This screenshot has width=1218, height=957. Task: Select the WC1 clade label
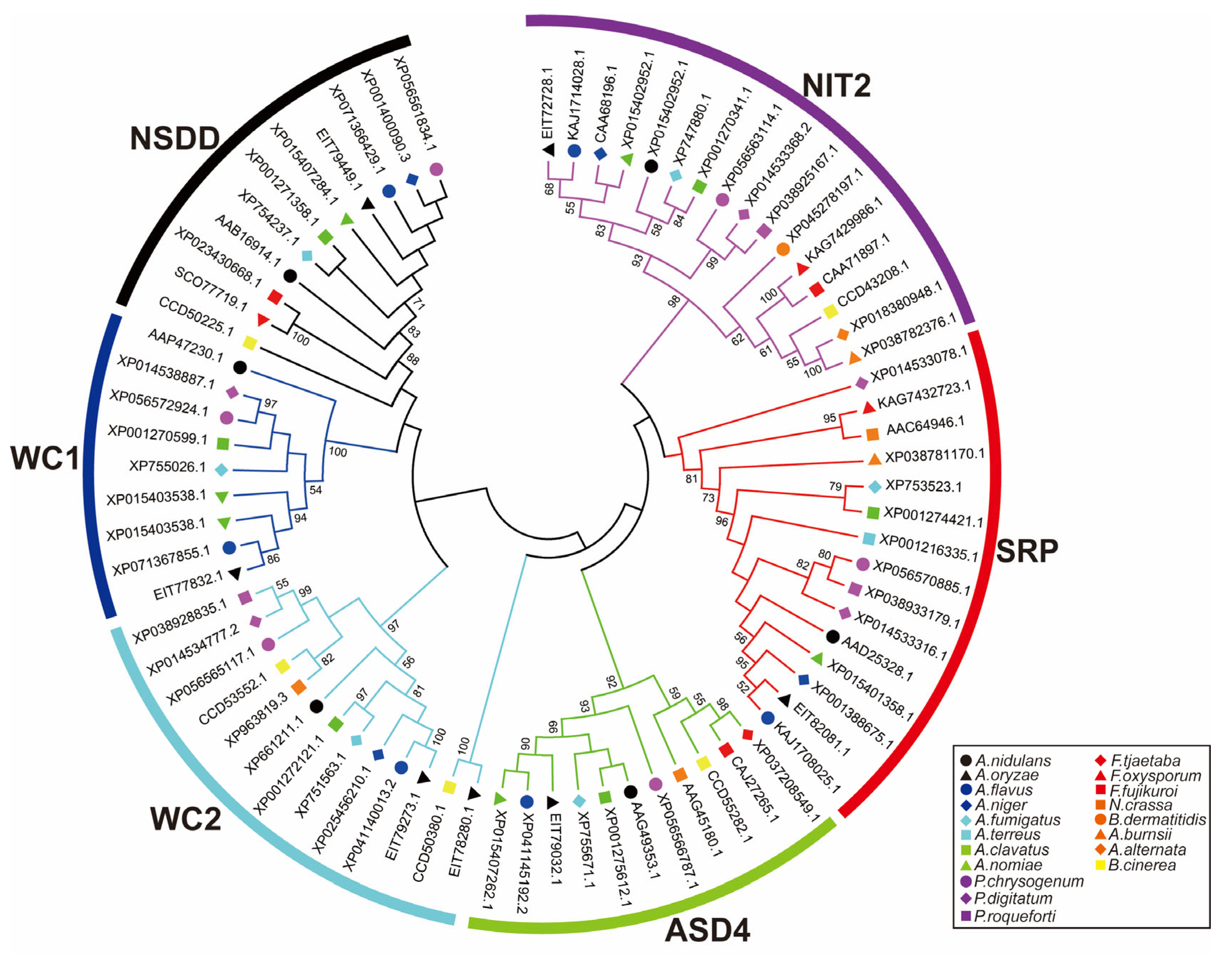tap(45, 458)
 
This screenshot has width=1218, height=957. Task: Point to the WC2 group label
tap(185, 819)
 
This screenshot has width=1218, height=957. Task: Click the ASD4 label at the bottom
tap(707, 930)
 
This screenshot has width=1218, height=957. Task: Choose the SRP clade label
tap(1027, 551)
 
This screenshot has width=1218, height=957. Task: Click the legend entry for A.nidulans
tap(1013, 760)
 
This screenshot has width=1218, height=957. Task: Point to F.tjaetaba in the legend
tap(1145, 760)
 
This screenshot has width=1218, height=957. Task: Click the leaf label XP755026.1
tap(168, 466)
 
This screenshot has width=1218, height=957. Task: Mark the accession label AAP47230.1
tap(185, 345)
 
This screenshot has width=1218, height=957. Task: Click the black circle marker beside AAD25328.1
tap(833, 636)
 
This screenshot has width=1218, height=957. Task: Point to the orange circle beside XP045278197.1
tap(783, 249)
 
